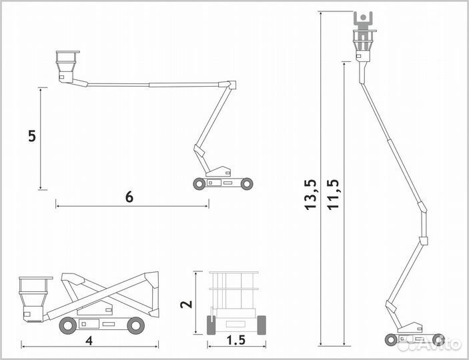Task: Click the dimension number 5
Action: coord(32,136)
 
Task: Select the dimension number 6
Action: coord(129,197)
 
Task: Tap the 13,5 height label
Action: coord(310,195)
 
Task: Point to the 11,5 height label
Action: coord(333,195)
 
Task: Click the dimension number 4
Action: coord(89,341)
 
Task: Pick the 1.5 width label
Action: coord(236,340)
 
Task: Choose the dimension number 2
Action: coord(186,304)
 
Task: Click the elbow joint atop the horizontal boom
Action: coord(231,85)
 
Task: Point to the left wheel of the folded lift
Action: coord(68,325)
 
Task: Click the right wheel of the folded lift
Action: coord(136,325)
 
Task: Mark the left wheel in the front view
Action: coord(211,325)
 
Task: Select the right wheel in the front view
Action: coord(262,325)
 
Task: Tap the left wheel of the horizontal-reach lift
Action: coord(199,183)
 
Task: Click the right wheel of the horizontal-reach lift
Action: coord(247,183)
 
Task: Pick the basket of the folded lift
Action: coord(33,299)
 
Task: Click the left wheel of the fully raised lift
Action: coord(391,340)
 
